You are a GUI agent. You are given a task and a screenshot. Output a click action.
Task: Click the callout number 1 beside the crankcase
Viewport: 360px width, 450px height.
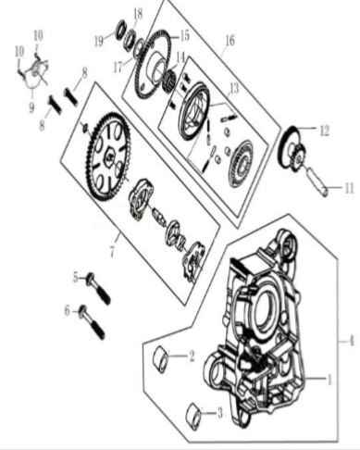[x=329, y=380]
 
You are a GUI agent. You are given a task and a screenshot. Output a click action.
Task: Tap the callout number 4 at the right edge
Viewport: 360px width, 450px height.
[x=351, y=341]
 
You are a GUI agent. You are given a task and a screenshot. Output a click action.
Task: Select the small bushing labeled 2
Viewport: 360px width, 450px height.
[x=161, y=358]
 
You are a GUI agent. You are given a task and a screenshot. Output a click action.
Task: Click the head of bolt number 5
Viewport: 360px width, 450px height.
[x=91, y=279]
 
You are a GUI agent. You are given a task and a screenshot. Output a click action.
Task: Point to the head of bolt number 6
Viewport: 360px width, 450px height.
[x=82, y=312]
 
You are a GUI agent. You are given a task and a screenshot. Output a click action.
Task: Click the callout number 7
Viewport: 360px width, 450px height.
[x=113, y=251]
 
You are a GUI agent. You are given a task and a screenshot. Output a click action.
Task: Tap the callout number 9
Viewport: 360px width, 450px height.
[x=31, y=107]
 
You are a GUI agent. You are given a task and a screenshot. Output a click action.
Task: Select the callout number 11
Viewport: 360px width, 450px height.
[x=349, y=188]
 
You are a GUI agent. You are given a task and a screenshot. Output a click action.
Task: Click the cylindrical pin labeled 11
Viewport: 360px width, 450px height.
[x=317, y=181]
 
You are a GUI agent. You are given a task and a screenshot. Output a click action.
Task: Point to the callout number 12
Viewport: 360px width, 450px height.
[x=324, y=131]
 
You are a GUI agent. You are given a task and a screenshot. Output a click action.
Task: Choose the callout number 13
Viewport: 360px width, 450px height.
[x=234, y=89]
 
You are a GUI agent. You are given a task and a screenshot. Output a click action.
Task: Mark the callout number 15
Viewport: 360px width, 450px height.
[x=184, y=36]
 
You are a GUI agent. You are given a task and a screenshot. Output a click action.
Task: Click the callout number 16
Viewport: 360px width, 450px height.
[x=230, y=41]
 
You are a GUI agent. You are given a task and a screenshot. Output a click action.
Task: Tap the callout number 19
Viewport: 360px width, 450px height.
[x=99, y=42]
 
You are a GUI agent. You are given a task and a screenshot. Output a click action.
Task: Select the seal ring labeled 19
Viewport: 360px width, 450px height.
[x=119, y=29]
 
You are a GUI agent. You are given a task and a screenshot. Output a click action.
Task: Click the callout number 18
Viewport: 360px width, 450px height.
[x=138, y=14]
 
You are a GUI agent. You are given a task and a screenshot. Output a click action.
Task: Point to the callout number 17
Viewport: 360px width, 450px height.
[x=118, y=68]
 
